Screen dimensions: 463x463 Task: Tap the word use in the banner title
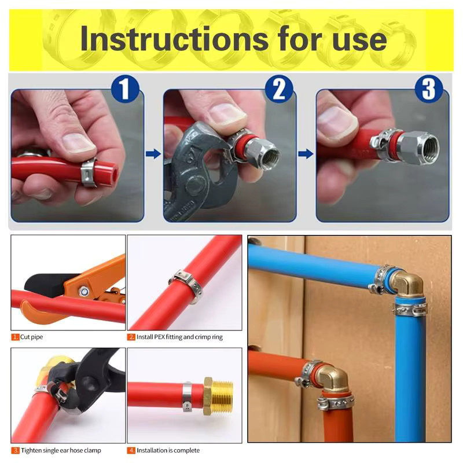pos(359,41)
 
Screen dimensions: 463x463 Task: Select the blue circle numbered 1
pos(125,89)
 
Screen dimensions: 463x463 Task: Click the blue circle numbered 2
pos(279,89)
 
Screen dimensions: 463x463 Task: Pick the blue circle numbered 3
pos(429,89)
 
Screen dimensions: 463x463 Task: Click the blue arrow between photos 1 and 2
pos(153,153)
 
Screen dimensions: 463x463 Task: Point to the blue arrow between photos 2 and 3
pos(306,153)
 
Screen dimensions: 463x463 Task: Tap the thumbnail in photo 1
pos(78,142)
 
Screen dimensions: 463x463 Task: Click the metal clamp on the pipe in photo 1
pos(89,173)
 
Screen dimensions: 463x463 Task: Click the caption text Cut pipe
pos(31,337)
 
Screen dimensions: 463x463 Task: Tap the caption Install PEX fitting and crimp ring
pos(179,337)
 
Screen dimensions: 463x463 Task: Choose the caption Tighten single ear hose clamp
pos(61,450)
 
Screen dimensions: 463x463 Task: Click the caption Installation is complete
pos(168,450)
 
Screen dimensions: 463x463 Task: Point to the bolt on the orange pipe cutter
pos(83,292)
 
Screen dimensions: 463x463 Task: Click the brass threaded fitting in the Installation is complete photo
pos(219,396)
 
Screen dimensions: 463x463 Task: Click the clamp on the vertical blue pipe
pos(410,309)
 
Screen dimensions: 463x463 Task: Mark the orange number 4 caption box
pos(131,450)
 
